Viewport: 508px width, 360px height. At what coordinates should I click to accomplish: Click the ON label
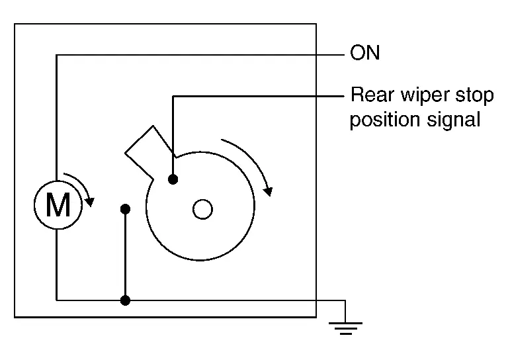pos(364,53)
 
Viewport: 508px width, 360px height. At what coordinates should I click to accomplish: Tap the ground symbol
pos(345,326)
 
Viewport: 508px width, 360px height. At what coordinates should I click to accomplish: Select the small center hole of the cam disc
pos(202,210)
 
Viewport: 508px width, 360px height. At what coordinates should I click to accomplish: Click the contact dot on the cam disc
pos(173,179)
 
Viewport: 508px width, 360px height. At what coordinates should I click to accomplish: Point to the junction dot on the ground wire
pos(125,300)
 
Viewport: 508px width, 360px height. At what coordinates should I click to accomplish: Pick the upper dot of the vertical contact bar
pos(125,210)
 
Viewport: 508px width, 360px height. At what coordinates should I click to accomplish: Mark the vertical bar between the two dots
pos(125,255)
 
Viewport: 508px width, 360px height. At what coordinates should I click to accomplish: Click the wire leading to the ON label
pos(198,55)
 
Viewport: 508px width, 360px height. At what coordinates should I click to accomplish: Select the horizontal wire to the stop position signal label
pos(258,97)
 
